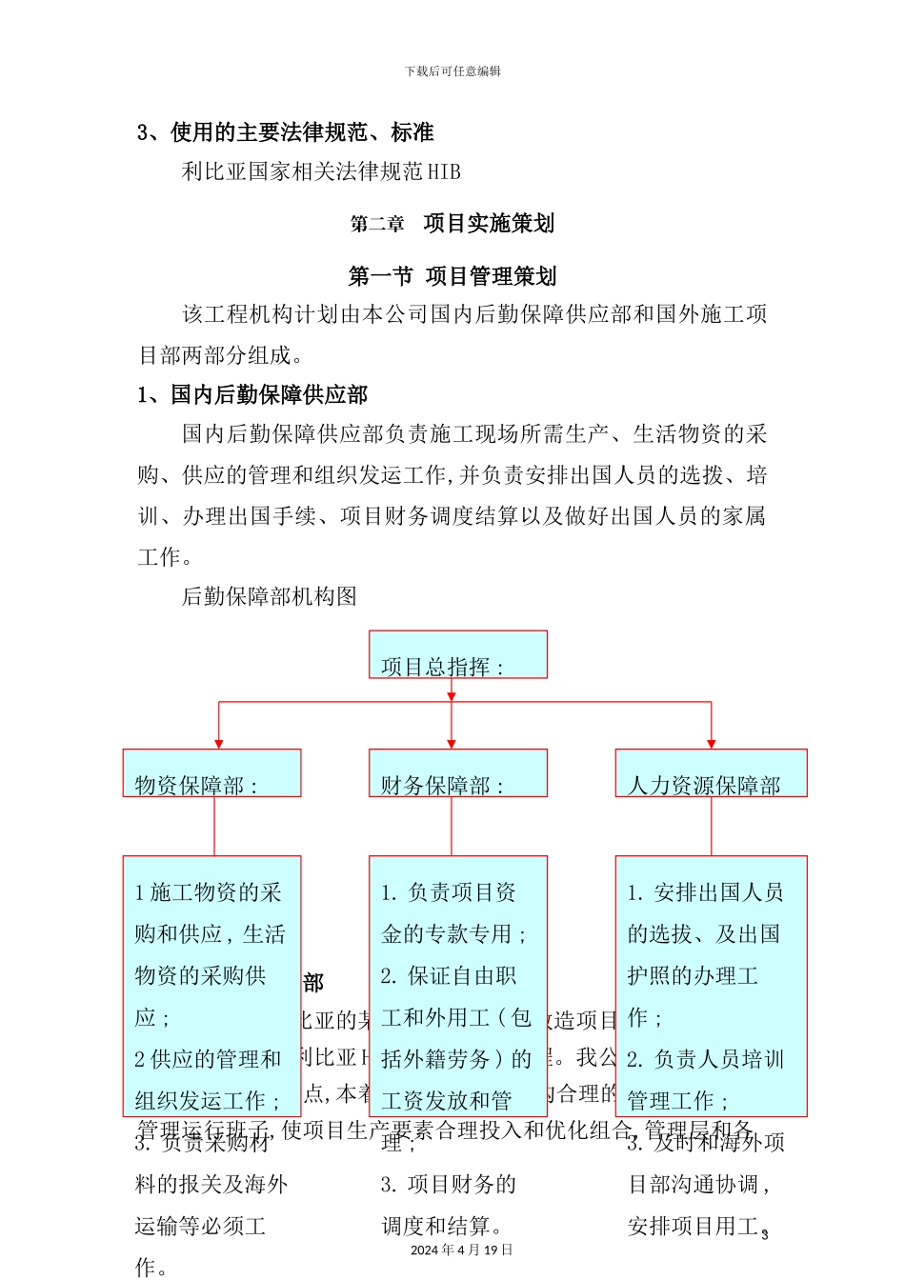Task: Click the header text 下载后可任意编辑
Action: click(x=452, y=71)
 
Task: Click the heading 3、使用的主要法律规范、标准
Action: click(x=286, y=132)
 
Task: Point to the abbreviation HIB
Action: click(x=444, y=172)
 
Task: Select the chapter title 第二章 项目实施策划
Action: click(x=452, y=224)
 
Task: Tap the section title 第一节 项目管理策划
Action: click(x=452, y=276)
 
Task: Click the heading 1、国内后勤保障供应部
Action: click(x=252, y=394)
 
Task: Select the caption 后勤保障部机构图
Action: click(x=270, y=596)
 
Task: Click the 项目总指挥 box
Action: click(x=457, y=654)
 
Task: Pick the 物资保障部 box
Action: click(x=211, y=772)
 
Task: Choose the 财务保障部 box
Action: click(x=457, y=772)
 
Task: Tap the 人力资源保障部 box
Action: click(x=711, y=772)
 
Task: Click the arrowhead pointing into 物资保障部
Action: click(x=219, y=744)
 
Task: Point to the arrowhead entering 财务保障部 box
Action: click(x=452, y=744)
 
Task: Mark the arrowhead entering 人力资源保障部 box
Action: click(x=711, y=744)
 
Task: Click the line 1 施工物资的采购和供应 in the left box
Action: click(x=209, y=892)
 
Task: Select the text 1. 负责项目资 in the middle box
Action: click(x=448, y=892)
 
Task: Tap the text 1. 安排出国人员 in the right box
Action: click(x=705, y=892)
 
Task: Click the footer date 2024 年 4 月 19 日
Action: click(x=461, y=1250)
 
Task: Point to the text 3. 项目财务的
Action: click(x=448, y=1184)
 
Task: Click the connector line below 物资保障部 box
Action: click(x=214, y=826)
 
